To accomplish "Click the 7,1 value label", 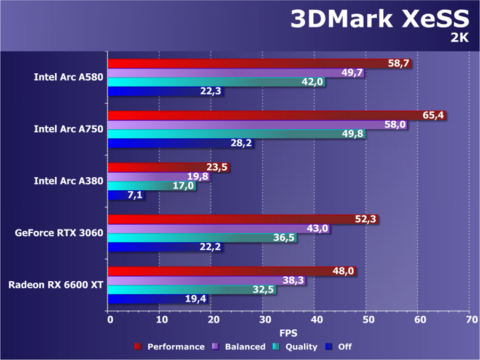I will click(x=135, y=196).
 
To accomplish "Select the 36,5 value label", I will click(x=286, y=238).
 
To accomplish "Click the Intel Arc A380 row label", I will click(x=68, y=181).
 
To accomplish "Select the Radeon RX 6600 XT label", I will click(x=56, y=285).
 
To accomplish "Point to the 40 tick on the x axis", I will click(x=316, y=320).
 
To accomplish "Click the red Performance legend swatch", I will click(x=137, y=347).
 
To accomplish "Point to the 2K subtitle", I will click(x=459, y=38).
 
